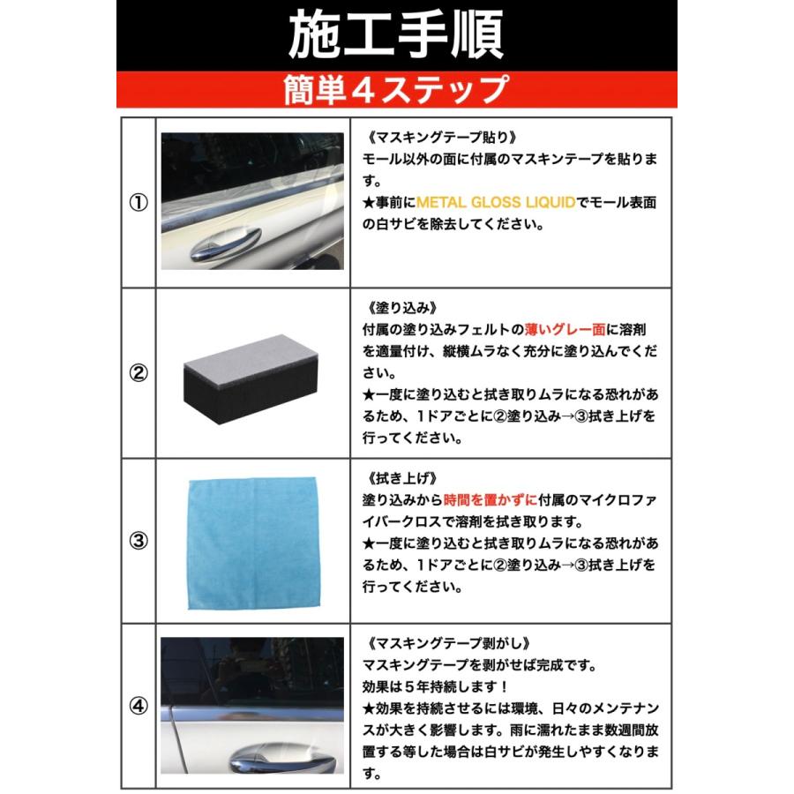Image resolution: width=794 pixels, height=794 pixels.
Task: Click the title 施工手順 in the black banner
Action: (x=396, y=34)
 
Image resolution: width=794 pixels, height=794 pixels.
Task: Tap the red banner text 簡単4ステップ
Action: (x=396, y=89)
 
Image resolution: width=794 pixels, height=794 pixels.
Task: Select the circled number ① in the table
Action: (x=139, y=203)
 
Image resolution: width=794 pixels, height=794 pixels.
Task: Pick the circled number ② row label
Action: (x=139, y=373)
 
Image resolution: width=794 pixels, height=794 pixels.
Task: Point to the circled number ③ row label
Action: (x=139, y=541)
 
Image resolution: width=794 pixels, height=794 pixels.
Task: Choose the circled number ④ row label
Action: (x=139, y=706)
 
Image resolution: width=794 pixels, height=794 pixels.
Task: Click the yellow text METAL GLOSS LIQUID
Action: (x=496, y=203)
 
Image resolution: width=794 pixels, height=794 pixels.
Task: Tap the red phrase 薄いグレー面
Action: (x=566, y=330)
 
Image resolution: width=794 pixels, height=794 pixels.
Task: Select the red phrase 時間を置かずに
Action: (x=491, y=500)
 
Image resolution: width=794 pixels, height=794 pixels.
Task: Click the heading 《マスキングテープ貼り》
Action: (x=442, y=138)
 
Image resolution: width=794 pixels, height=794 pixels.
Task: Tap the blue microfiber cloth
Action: (x=254, y=543)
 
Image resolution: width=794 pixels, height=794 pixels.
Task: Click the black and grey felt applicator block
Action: (x=251, y=378)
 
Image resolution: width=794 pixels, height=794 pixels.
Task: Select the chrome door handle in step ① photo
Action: (x=226, y=243)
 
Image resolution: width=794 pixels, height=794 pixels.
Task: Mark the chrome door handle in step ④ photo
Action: (x=281, y=758)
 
